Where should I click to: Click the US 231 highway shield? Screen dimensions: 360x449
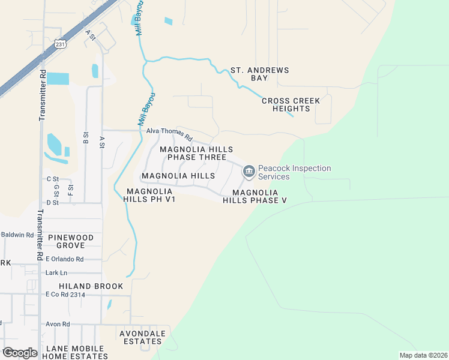(60, 44)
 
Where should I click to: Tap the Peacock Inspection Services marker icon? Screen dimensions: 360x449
(249, 172)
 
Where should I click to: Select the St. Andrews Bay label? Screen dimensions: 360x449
(260, 74)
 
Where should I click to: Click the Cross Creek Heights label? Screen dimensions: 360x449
(291, 104)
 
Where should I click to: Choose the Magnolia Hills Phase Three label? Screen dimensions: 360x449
(196, 153)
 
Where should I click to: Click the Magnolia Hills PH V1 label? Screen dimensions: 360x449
(150, 195)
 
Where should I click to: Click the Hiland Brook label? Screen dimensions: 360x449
(91, 286)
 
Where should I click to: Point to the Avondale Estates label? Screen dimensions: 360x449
(140, 337)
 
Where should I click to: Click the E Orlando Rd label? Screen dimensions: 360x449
(64, 259)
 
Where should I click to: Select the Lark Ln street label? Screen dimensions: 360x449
(56, 273)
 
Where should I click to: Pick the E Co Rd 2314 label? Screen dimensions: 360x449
(65, 295)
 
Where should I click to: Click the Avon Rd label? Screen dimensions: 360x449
(58, 324)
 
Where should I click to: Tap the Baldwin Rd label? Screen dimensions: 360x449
(17, 235)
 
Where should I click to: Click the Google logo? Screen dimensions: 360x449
(19, 353)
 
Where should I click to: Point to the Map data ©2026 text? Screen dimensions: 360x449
(423, 355)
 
